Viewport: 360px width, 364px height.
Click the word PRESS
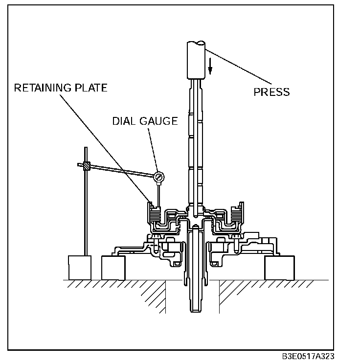point(271,92)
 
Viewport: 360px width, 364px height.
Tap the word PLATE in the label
point(92,88)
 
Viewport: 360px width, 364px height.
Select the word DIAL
point(124,121)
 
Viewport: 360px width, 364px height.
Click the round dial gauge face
point(158,176)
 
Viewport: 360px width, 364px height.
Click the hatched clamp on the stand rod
point(87,166)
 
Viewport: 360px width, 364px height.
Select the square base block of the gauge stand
point(80,267)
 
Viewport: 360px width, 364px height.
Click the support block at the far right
point(279,267)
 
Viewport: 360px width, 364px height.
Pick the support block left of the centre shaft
point(113,267)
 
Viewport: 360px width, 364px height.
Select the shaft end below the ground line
point(196,298)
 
